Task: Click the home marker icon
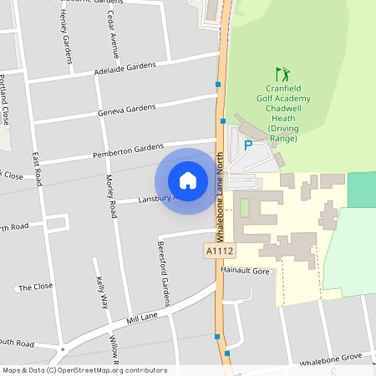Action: [188, 180]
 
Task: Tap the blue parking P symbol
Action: [247, 145]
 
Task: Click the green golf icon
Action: [283, 74]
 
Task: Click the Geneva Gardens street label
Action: [127, 109]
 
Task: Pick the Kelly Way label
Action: [103, 292]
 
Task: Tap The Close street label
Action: [35, 287]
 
